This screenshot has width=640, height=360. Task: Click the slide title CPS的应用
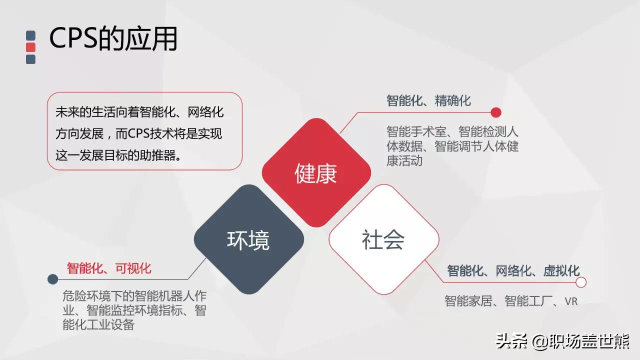tap(113, 38)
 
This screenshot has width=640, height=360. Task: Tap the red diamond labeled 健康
tap(316, 173)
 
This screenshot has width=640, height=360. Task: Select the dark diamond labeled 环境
tap(248, 239)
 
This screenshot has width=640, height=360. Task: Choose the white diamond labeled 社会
tap(383, 239)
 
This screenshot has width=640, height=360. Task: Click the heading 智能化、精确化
tap(428, 100)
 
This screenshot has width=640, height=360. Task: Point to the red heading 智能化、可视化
tap(109, 268)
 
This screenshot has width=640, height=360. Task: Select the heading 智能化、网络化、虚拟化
tap(513, 271)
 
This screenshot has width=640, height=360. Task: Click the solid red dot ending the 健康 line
tap(496, 112)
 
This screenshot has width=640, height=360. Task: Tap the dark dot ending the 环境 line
tap(52, 279)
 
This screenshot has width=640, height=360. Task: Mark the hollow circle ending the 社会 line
tap(581, 282)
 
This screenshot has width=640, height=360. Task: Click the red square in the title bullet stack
tap(31, 47)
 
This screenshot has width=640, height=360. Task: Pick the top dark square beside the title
tap(31, 35)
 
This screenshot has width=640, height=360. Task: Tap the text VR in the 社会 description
tap(571, 301)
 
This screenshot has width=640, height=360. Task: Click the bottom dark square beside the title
tap(31, 59)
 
